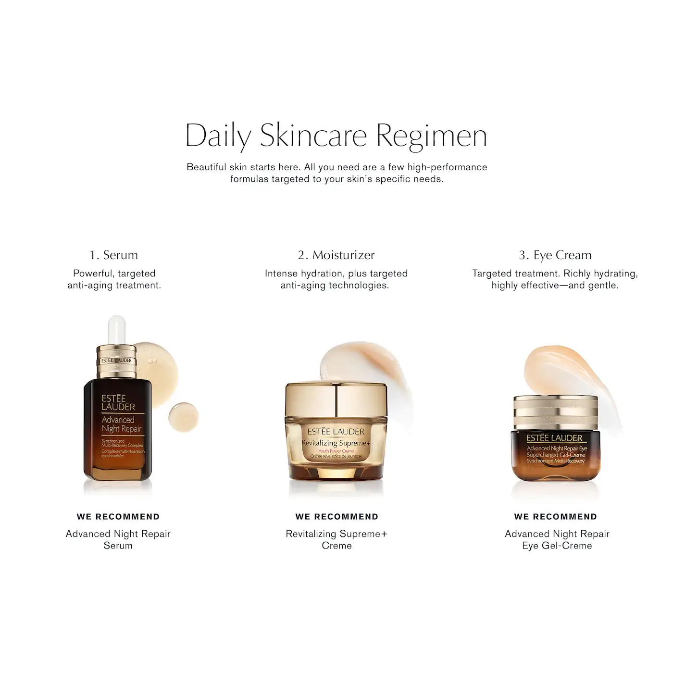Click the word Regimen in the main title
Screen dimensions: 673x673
[431, 136]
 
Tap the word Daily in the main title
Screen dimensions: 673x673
[218, 136]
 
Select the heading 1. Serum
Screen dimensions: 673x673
[114, 255]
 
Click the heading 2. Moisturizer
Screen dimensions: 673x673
[336, 255]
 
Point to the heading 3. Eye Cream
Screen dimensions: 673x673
[555, 255]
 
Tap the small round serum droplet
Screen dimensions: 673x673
[183, 416]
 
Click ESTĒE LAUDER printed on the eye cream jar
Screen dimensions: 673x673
[554, 438]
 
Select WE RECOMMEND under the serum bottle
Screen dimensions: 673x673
[118, 517]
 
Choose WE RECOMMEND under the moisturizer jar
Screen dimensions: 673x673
[337, 517]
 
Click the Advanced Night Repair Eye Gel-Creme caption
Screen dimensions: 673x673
[557, 539]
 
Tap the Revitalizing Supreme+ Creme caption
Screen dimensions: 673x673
[336, 539]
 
